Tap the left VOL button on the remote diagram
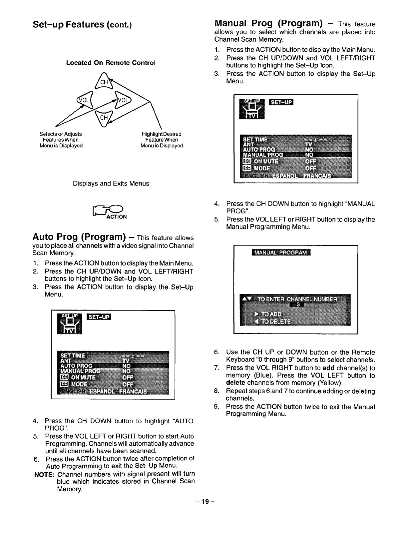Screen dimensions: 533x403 click(85, 100)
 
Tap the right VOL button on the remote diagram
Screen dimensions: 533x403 click(124, 100)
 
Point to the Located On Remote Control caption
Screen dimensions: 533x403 click(111, 63)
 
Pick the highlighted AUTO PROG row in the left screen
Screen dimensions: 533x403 click(113, 366)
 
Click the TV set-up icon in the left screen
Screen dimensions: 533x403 click(69, 323)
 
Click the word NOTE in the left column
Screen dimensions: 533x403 click(44, 474)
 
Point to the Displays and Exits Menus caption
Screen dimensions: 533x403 click(111, 183)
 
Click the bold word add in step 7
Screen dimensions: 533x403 click(328, 368)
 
